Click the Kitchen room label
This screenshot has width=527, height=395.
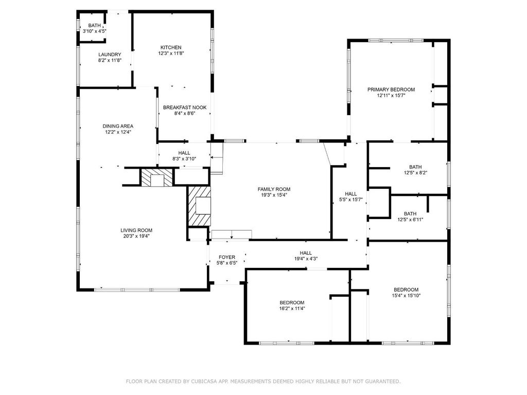coord(171,47)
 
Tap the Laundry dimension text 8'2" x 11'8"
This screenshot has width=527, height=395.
coord(110,61)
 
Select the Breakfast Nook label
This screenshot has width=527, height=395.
coord(185,107)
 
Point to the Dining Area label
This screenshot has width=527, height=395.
coord(118,126)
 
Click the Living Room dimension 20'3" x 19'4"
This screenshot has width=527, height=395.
coord(136,236)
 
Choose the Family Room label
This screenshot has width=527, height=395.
coord(274,189)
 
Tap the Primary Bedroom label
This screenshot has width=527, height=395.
coord(391,89)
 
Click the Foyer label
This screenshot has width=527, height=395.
coord(227,257)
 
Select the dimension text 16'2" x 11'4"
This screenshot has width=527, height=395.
coord(292,309)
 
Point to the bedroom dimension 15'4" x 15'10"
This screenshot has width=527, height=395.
coord(406,296)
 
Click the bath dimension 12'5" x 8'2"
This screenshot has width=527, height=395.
coord(415,173)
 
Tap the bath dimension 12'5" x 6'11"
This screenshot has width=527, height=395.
coord(410,220)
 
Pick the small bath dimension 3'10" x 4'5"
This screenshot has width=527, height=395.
coord(95,31)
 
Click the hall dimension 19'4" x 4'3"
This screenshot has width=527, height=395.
coord(306,259)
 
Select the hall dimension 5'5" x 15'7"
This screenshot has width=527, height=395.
coord(350,200)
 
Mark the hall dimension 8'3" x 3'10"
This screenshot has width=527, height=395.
coord(184,159)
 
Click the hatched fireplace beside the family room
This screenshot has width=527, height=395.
coord(199,206)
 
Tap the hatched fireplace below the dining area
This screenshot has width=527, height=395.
coord(156,177)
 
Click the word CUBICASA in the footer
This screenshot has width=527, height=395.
coord(204,381)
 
